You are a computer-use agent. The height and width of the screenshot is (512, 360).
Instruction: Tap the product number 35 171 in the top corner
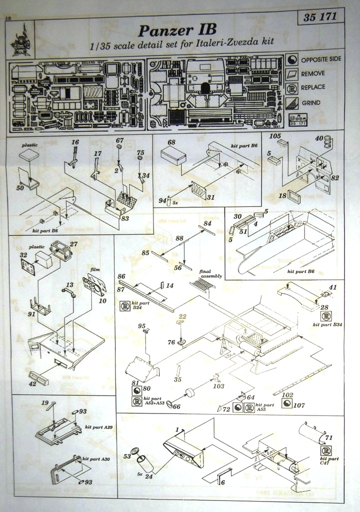(320, 17)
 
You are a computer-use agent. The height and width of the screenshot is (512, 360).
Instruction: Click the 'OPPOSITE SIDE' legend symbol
(292, 59)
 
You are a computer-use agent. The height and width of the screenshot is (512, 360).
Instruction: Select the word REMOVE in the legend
(312, 73)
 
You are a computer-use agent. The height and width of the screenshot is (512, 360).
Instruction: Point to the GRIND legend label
(311, 103)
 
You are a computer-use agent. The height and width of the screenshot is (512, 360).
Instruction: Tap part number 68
(171, 142)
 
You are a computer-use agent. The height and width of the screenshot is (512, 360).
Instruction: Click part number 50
(20, 187)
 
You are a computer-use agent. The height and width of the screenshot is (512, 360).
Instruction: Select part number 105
(275, 135)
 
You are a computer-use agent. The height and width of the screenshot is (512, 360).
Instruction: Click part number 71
(328, 438)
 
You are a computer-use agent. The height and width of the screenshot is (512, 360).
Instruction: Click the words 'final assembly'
(210, 272)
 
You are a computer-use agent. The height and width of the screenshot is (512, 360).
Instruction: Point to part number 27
(74, 244)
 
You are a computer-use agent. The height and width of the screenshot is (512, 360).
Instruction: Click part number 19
(45, 403)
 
